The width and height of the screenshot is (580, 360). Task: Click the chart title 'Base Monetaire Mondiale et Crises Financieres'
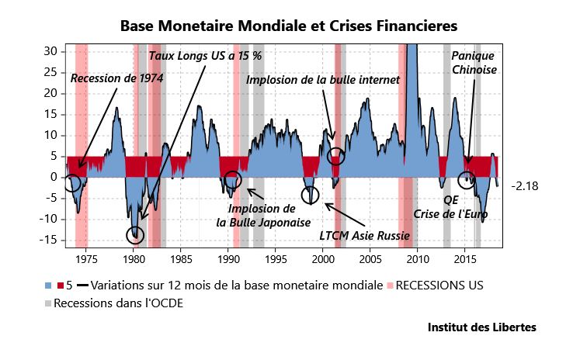coord(289,26)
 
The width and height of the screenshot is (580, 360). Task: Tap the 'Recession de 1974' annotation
coord(116,78)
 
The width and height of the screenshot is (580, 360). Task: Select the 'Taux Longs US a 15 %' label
coord(205,56)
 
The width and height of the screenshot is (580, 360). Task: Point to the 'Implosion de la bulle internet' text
coord(322,80)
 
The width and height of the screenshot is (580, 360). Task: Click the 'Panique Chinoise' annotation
coord(474,63)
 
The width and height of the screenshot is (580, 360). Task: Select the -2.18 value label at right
coord(525,186)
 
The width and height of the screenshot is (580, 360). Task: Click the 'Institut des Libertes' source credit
coord(481,327)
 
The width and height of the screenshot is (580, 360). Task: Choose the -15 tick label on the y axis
coord(49,240)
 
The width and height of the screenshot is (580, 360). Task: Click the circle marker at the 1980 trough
coord(135,235)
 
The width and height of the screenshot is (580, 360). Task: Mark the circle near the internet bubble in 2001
coord(335,156)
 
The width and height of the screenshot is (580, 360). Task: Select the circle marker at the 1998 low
coord(310,194)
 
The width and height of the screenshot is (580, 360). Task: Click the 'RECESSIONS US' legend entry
coord(439,286)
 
